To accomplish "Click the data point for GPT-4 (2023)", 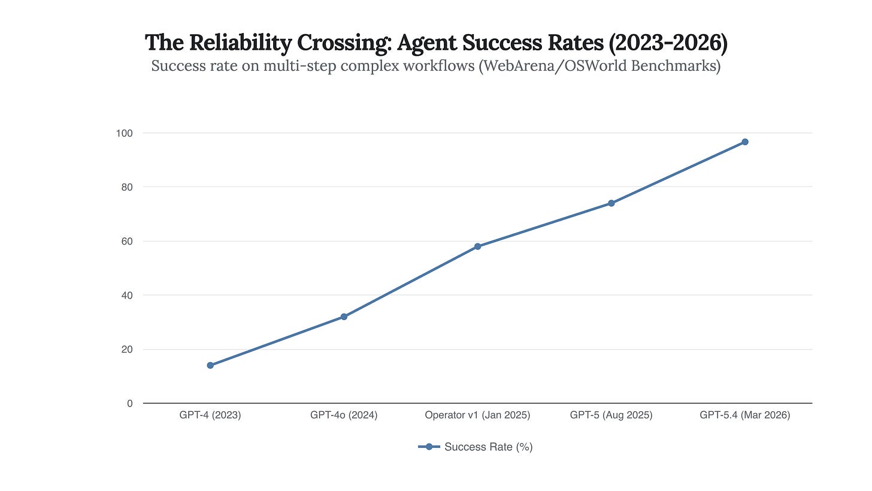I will [x=210, y=365].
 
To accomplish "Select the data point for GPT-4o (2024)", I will [x=344, y=317].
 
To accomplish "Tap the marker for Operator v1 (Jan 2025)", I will [x=477, y=246].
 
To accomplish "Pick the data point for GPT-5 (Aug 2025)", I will [x=611, y=203].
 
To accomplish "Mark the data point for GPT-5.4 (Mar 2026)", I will [x=745, y=142].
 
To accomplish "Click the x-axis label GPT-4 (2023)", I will [x=210, y=415].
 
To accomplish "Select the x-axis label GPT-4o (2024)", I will [x=344, y=415].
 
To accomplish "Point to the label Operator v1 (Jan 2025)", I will [x=477, y=415].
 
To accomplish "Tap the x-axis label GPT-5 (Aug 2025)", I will [x=611, y=415].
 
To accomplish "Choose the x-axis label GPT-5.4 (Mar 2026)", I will [x=745, y=415].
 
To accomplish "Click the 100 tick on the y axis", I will [x=125, y=132].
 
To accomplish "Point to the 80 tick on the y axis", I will [x=127, y=187].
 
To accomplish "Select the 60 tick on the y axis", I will [x=127, y=241].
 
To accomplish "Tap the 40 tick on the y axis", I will [x=127, y=295].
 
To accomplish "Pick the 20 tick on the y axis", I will [x=127, y=349].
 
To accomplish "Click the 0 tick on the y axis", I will [x=129, y=403].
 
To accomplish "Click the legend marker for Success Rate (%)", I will [x=429, y=447].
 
